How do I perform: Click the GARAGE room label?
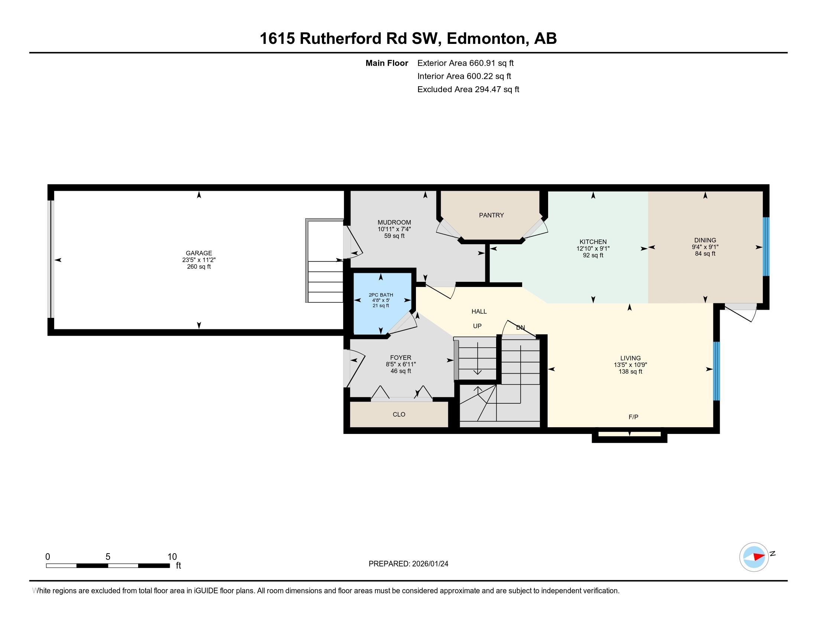point(199,253)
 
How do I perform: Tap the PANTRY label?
point(491,215)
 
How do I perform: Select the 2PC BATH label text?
point(381,295)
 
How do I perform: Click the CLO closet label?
point(399,415)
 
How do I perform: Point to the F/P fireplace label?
point(633,417)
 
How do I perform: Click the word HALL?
point(479,312)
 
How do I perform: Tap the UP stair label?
point(477,326)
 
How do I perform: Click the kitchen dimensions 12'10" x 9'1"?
point(593,249)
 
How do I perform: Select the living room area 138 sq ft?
point(630,372)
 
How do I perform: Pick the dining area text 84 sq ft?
point(705,254)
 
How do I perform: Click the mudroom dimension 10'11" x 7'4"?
point(394,229)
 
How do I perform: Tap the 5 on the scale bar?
point(108,557)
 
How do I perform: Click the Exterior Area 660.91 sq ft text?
point(465,63)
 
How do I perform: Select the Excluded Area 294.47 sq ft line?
point(468,90)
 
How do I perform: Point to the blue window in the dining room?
point(766,247)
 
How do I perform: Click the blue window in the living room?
point(716,371)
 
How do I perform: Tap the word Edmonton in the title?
point(486,39)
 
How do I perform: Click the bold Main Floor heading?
point(387,63)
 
